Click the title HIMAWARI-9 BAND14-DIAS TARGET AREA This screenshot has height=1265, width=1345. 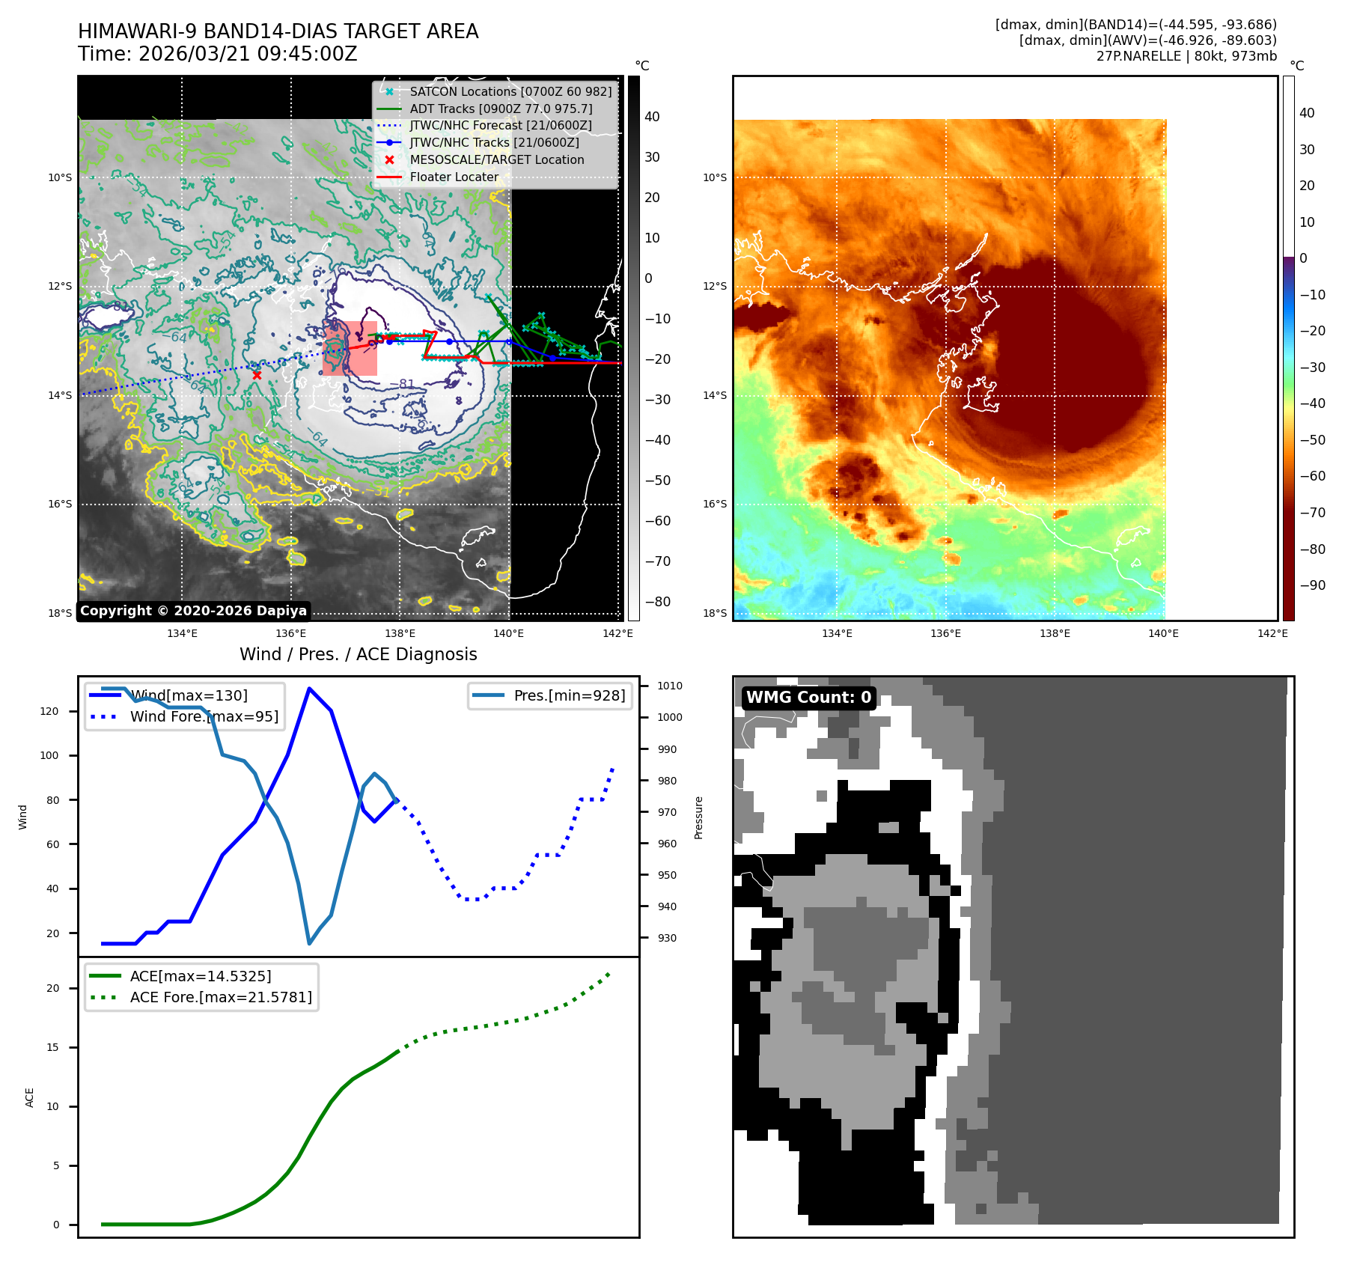coord(278,31)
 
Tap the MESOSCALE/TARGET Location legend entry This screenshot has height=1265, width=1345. coord(496,159)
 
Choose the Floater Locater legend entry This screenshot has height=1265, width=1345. coord(454,177)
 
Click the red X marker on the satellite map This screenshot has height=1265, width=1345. coord(257,375)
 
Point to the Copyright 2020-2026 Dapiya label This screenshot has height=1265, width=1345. coord(193,611)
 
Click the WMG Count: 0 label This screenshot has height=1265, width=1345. coord(808,698)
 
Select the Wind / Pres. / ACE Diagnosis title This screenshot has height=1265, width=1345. coord(358,654)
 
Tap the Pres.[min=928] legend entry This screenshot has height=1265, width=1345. coord(569,695)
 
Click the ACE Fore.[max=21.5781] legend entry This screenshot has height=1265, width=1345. coord(221,997)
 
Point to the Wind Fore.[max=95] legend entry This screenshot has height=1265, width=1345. coord(204,716)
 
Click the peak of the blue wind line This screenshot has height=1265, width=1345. coord(309,689)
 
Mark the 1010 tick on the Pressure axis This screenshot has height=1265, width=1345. coord(670,686)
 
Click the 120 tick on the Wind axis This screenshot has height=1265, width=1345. coord(49,711)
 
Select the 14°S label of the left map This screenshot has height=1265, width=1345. coord(60,395)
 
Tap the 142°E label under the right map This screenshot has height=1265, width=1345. coord(1272,633)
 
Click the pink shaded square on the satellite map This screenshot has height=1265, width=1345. coord(350,348)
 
